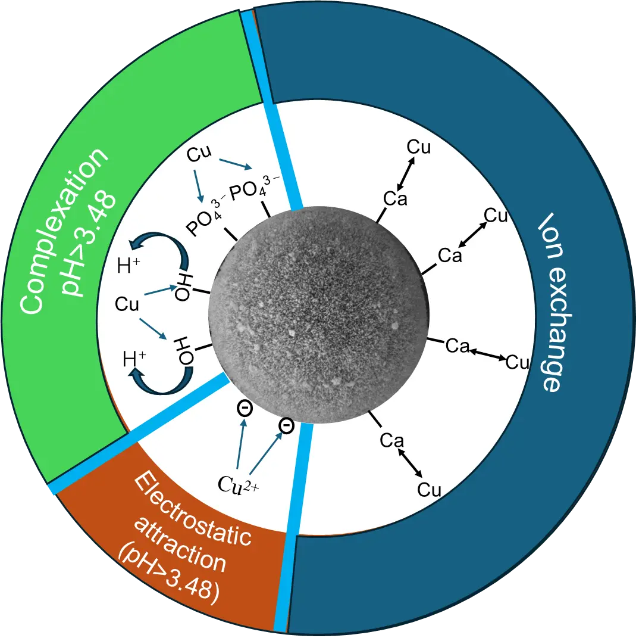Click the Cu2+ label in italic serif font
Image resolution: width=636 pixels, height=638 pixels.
coord(238,484)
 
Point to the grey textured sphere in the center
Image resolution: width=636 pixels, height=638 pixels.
coord(319,315)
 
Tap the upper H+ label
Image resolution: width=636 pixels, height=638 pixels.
coord(129,265)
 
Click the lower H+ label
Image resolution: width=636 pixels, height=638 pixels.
coord(134,359)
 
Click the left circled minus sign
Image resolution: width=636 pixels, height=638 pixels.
coord(245,408)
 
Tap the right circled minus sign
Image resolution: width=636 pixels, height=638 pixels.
coord(286,425)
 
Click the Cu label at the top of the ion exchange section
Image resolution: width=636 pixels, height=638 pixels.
coord(419,147)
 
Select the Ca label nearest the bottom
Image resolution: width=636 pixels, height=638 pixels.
coord(391,441)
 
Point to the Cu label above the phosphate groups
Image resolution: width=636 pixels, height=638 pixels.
coord(199,154)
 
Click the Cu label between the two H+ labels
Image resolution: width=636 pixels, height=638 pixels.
coord(127,304)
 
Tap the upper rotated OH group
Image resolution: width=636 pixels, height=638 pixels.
coord(183,287)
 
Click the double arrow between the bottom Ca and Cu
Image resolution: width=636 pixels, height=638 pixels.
coord(410,463)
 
